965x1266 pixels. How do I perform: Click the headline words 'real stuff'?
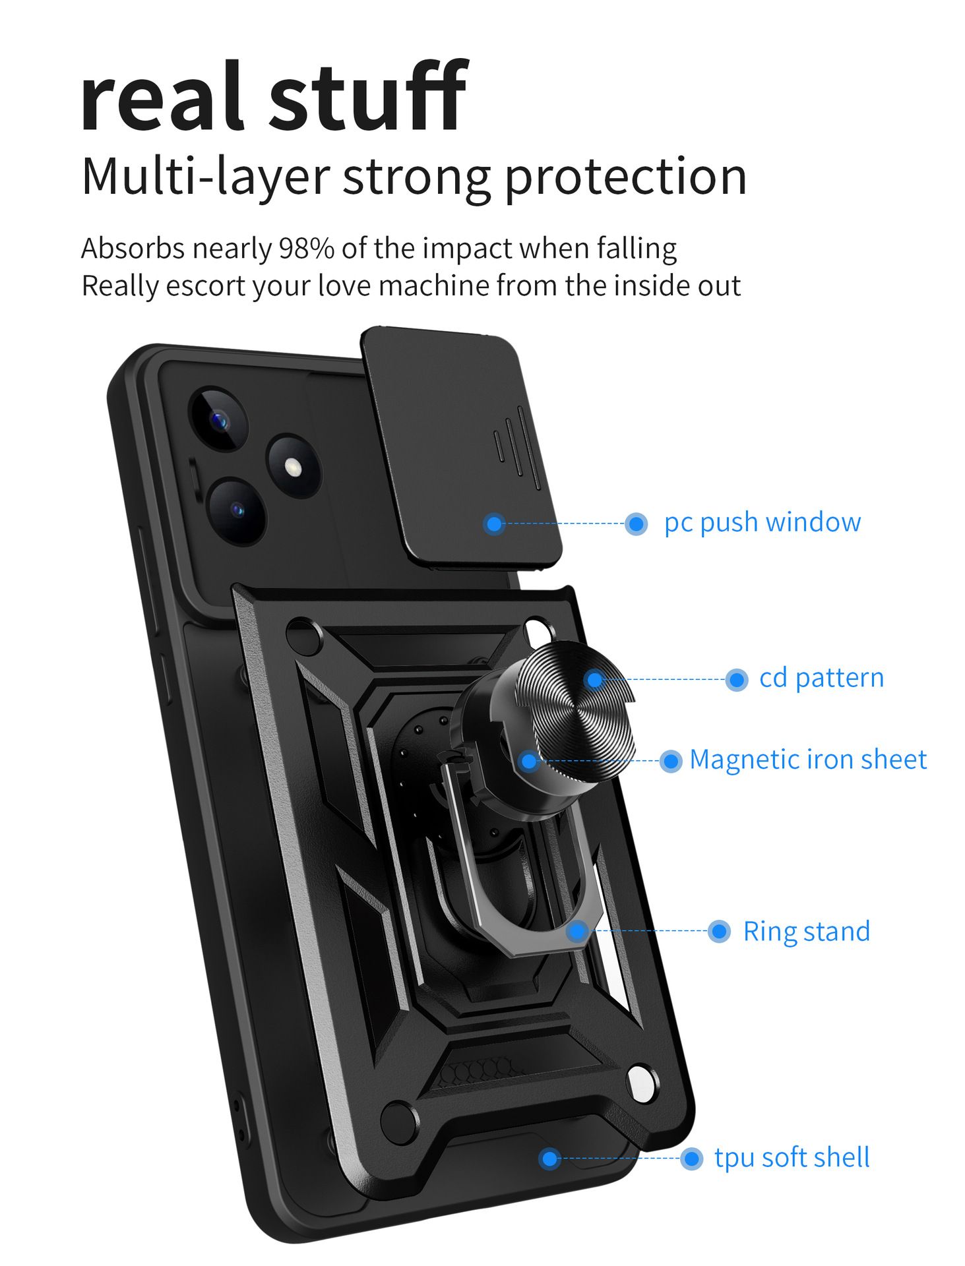click(273, 96)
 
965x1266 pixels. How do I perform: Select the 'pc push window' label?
click(762, 522)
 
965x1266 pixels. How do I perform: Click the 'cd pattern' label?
click(821, 678)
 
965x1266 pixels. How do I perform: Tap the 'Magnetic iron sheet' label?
click(807, 760)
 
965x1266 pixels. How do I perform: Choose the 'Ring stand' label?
click(806, 932)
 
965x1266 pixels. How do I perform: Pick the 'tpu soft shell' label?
click(792, 1158)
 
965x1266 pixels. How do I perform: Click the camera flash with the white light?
click(293, 467)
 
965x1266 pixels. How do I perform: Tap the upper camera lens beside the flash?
click(218, 419)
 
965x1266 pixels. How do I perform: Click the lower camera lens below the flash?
click(236, 510)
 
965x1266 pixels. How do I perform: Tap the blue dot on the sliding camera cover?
click(494, 524)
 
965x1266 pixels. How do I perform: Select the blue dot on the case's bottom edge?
click(549, 1159)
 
